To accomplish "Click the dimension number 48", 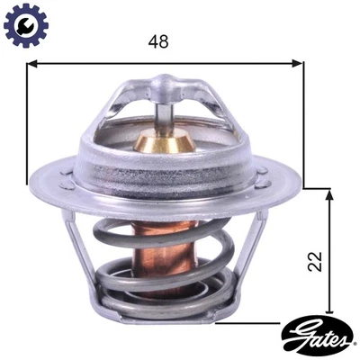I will [x=157, y=42].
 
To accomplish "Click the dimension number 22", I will [x=315, y=262].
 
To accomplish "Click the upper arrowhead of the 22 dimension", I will [x=332, y=194].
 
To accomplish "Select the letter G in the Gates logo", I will [x=294, y=342].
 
